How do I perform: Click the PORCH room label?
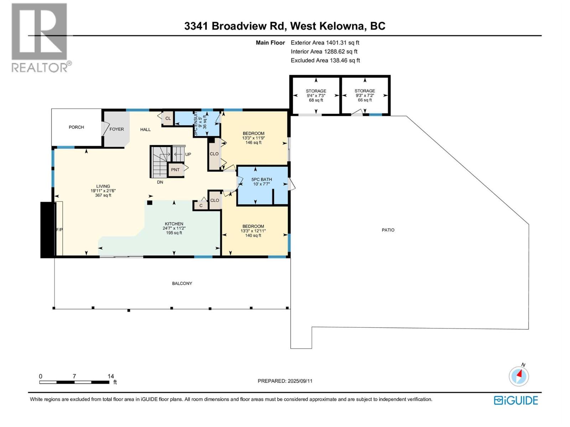(76, 127)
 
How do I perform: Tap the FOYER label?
(116, 129)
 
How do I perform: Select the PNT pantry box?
(175, 170)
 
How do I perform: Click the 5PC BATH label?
(261, 179)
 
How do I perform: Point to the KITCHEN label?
(174, 224)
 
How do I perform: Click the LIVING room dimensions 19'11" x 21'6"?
(103, 191)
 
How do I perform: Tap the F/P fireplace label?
(59, 230)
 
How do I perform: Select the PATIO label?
(388, 230)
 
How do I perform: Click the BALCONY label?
(182, 284)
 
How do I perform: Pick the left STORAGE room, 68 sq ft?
(316, 95)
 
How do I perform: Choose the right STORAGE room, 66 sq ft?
(365, 95)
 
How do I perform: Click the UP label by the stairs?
(188, 154)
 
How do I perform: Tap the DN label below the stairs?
(160, 182)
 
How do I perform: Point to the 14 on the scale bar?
(111, 376)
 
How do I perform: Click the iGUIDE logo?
(516, 400)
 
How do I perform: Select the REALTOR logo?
(40, 37)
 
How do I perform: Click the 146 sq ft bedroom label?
(253, 143)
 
